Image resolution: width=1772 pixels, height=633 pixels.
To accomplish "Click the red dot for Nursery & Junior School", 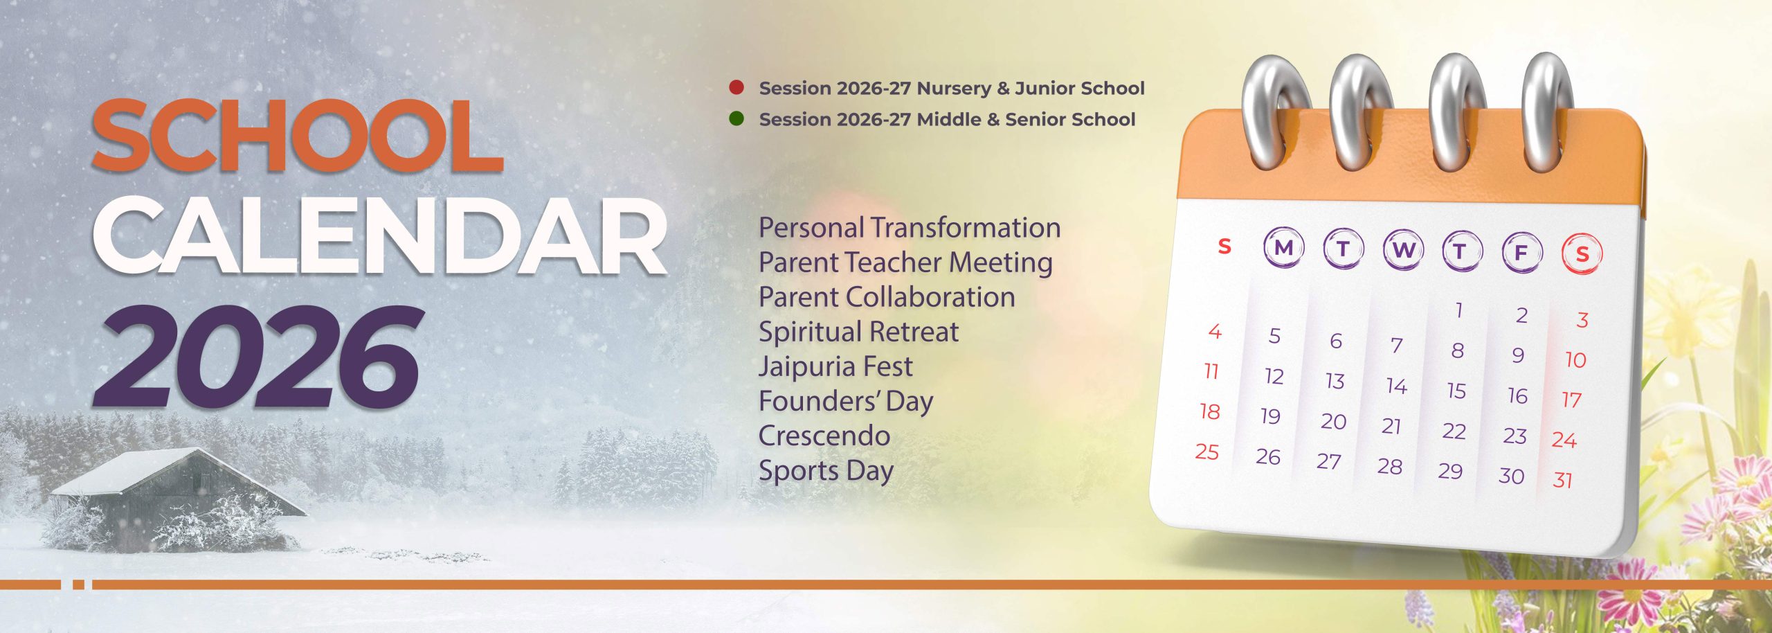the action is click(x=736, y=87).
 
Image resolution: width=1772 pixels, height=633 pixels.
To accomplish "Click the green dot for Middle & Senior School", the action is click(x=736, y=118).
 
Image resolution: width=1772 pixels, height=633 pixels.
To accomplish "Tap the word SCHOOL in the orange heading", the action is click(x=298, y=136).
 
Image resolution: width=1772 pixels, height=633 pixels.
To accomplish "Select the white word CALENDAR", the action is click(x=380, y=236).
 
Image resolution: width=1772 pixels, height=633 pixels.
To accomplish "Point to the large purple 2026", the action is click(x=257, y=357).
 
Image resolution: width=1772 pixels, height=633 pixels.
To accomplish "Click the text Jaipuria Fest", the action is click(x=835, y=366).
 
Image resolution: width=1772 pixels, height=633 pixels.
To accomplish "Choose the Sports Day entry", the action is click(x=826, y=471).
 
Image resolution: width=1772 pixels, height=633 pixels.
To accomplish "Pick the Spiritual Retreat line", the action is click(x=858, y=332).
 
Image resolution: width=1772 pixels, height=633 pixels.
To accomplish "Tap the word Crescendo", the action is click(x=824, y=436).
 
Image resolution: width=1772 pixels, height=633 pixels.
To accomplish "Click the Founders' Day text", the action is click(x=846, y=402).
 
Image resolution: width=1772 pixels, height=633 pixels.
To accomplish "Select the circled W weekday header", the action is click(x=1403, y=249).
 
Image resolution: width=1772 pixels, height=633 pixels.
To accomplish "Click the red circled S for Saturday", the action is click(x=1582, y=254).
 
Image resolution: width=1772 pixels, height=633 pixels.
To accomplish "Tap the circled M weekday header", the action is click(x=1283, y=247).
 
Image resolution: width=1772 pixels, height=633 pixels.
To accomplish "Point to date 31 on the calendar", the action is click(x=1563, y=480).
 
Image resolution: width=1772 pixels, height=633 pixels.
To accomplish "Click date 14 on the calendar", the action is click(x=1397, y=386).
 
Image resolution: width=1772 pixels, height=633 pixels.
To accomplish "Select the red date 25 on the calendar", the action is click(x=1207, y=452).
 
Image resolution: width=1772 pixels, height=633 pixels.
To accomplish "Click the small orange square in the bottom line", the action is click(x=78, y=585).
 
